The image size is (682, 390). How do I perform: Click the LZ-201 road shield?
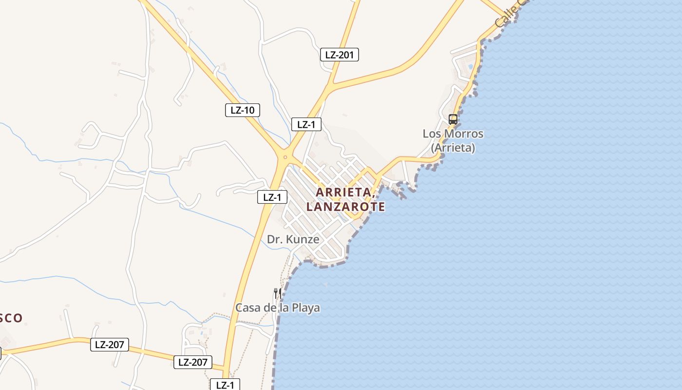340,55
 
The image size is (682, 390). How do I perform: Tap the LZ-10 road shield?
242,110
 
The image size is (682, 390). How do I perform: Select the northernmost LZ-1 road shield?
306,124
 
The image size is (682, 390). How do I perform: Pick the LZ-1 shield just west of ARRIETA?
272,197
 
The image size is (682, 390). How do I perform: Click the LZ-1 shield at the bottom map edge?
225,385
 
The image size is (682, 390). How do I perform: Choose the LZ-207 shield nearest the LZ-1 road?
193,362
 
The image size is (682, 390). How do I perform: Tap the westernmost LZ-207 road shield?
110,345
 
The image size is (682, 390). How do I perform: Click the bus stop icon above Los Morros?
453,119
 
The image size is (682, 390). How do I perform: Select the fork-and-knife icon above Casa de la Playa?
277,293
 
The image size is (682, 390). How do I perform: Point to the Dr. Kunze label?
293,239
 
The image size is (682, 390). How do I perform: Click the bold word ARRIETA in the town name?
345,192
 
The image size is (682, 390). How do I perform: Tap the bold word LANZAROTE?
345,207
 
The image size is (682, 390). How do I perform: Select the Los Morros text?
453,134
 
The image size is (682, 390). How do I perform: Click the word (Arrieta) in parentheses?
453,147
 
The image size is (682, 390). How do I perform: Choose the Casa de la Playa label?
278,308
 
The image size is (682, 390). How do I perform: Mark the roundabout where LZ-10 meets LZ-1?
284,157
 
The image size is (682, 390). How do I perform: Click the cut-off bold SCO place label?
11,318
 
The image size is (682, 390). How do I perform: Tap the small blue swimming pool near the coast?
470,66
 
